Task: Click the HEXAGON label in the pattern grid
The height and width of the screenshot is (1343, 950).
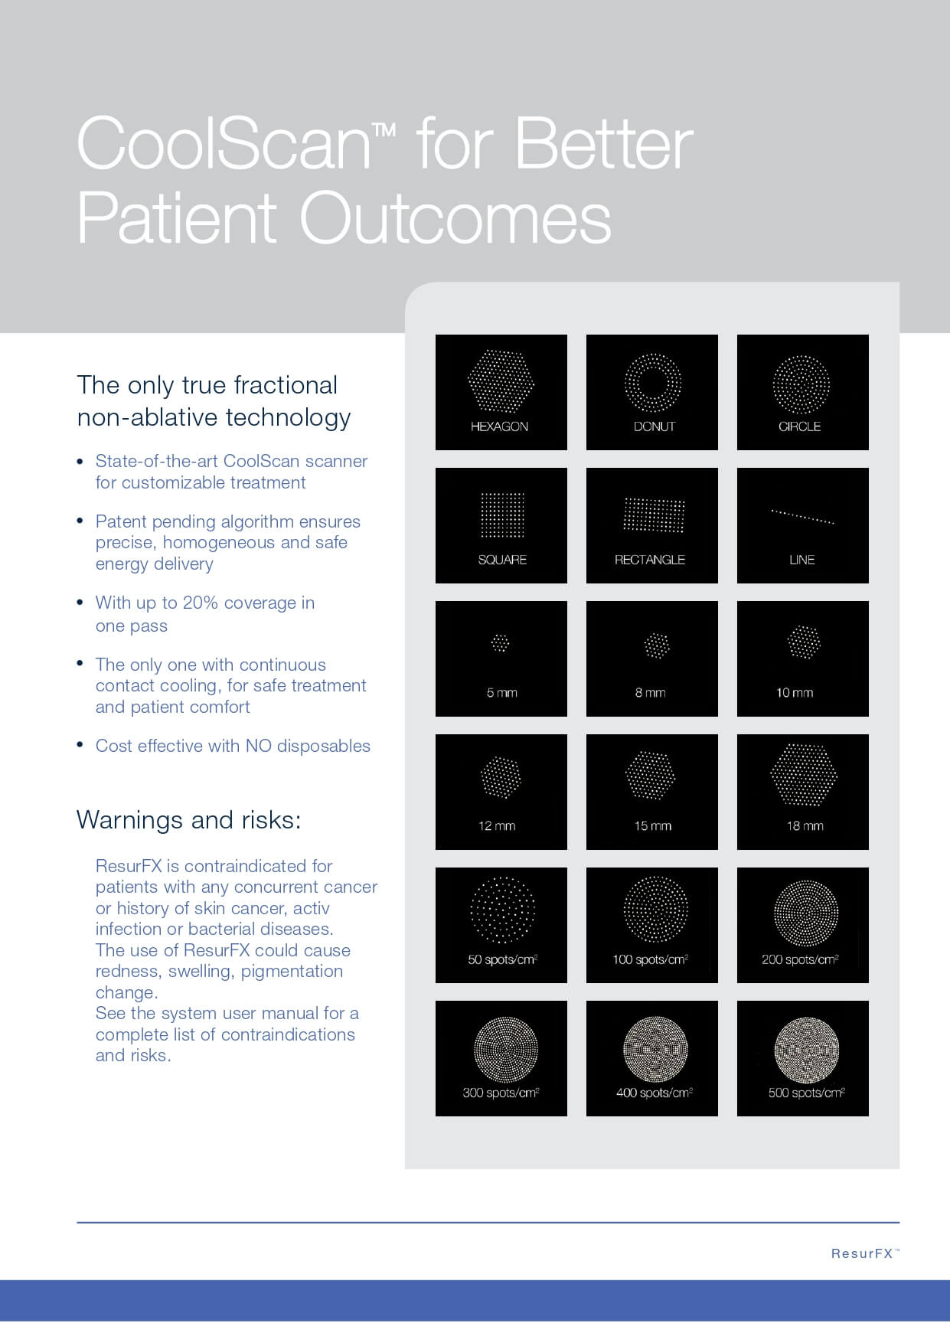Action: tap(499, 426)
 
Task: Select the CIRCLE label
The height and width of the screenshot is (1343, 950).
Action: tap(799, 426)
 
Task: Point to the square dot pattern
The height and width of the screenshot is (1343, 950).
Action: tap(501, 515)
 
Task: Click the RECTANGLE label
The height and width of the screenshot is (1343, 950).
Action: tap(650, 560)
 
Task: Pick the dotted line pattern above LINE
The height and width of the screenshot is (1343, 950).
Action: tap(802, 516)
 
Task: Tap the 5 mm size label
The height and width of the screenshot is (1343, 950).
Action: tap(501, 693)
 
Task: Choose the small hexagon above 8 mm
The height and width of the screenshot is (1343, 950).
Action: tap(656, 645)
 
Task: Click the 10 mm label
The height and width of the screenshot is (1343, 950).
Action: tap(795, 693)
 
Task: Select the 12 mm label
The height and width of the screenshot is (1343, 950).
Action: tap(497, 826)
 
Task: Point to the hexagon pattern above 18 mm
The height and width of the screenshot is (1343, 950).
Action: tap(803, 774)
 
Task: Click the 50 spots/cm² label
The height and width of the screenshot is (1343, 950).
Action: tap(502, 959)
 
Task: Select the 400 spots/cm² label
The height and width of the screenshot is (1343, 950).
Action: tap(655, 1093)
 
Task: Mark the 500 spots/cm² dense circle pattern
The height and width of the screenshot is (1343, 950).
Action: tap(806, 1049)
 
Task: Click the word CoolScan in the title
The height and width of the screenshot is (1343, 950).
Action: tap(224, 143)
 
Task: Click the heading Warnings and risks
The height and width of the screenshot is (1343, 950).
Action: tap(188, 820)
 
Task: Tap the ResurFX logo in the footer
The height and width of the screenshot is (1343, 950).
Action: tap(865, 1253)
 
